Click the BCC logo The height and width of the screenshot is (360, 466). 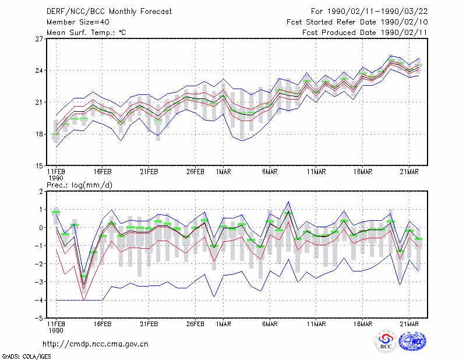386,341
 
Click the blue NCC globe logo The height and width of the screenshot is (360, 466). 412,341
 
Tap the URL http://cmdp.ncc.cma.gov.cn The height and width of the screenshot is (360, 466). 96,344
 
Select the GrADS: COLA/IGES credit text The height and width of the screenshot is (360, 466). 26,357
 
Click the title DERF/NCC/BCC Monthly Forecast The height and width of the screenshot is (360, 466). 109,12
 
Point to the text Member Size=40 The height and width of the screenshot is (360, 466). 78,22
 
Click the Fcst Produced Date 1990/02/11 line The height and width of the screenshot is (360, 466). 365,33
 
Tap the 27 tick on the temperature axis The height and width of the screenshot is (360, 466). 39,39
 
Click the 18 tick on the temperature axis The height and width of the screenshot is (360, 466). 39,134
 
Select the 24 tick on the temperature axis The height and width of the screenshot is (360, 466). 39,70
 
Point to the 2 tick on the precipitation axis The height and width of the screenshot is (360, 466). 41,192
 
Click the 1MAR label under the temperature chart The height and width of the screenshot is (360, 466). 224,172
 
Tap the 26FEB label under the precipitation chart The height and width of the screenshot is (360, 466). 195,324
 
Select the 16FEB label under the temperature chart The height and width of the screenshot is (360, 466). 103,172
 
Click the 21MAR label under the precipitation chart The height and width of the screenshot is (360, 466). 409,324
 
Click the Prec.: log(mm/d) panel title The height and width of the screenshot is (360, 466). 79,185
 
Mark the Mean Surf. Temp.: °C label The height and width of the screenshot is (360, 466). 86,33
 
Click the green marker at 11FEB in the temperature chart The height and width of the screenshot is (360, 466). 56,134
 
